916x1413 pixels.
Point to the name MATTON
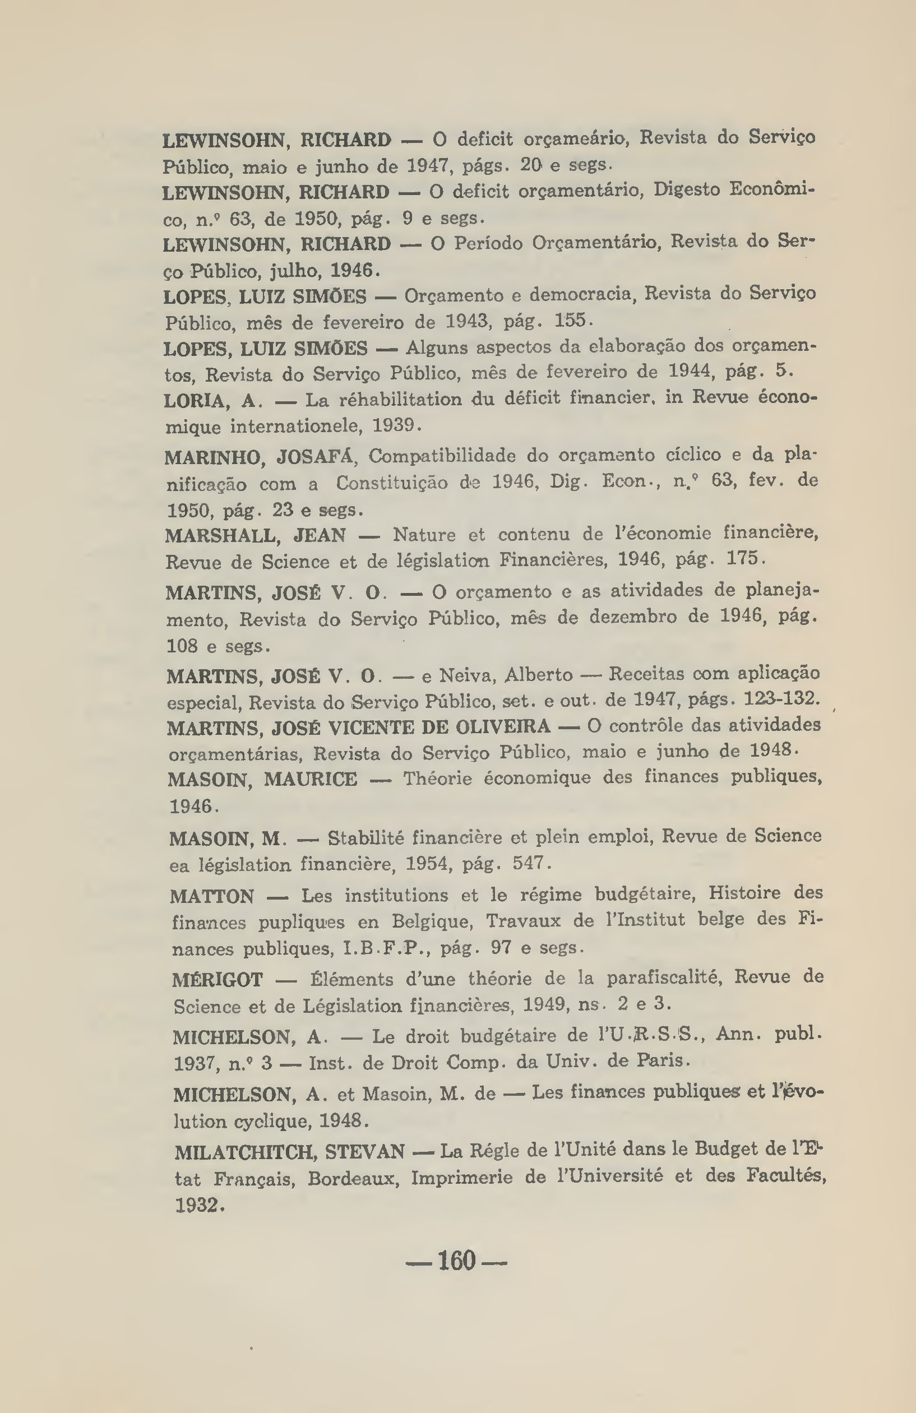(212, 896)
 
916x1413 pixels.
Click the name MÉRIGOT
(218, 980)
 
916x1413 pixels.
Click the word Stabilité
(363, 838)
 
